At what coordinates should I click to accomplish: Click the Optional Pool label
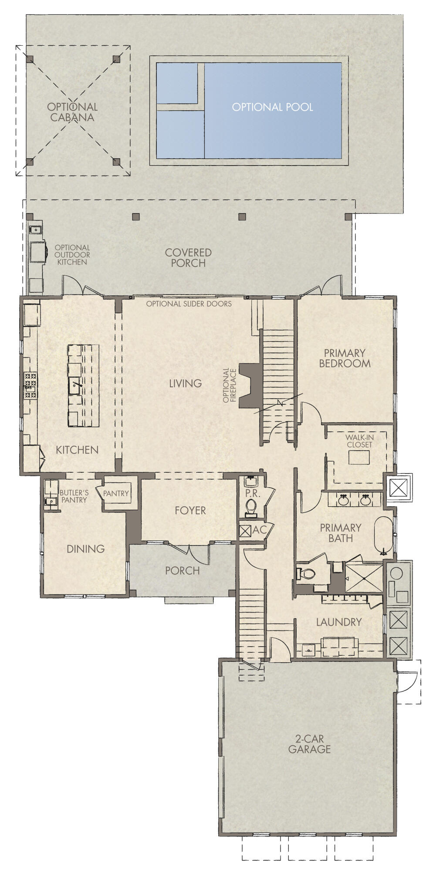pyautogui.click(x=272, y=107)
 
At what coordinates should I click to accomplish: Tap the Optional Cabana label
pyautogui.click(x=72, y=112)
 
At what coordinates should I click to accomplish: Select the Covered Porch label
pyautogui.click(x=188, y=258)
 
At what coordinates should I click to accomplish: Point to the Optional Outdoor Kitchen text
pyautogui.click(x=72, y=255)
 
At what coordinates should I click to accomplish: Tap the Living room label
pyautogui.click(x=186, y=383)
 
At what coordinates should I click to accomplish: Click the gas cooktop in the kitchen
pyautogui.click(x=30, y=386)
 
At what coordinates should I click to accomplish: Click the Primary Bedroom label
pyautogui.click(x=345, y=358)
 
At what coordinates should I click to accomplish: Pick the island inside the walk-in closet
pyautogui.click(x=358, y=458)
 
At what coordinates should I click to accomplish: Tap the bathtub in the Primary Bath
pyautogui.click(x=383, y=535)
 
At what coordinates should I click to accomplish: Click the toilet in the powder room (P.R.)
pyautogui.click(x=250, y=508)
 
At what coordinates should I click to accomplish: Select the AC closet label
pyautogui.click(x=259, y=530)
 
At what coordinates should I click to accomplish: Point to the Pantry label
pyautogui.click(x=116, y=493)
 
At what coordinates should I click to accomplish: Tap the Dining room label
pyautogui.click(x=85, y=549)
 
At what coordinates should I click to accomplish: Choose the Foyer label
pyautogui.click(x=190, y=510)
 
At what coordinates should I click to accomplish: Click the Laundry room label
pyautogui.click(x=338, y=622)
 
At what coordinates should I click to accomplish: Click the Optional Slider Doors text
pyautogui.click(x=189, y=304)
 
